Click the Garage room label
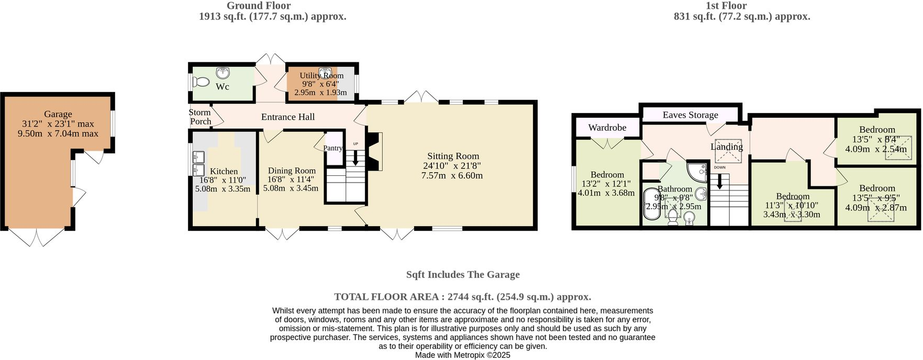(58, 114)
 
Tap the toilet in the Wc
(201, 82)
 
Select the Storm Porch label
(201, 117)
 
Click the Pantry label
(332, 148)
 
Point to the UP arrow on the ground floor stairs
(356, 157)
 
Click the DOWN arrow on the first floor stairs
(719, 181)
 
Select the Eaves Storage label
(690, 115)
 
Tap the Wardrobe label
(607, 128)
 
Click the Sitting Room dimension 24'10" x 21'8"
(453, 166)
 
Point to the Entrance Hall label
(288, 117)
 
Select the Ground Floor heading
(259, 6)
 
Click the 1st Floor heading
(727, 6)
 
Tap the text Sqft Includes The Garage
(463, 275)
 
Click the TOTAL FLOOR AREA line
(463, 297)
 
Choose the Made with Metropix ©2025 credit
(463, 355)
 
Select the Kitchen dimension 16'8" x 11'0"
(223, 180)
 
